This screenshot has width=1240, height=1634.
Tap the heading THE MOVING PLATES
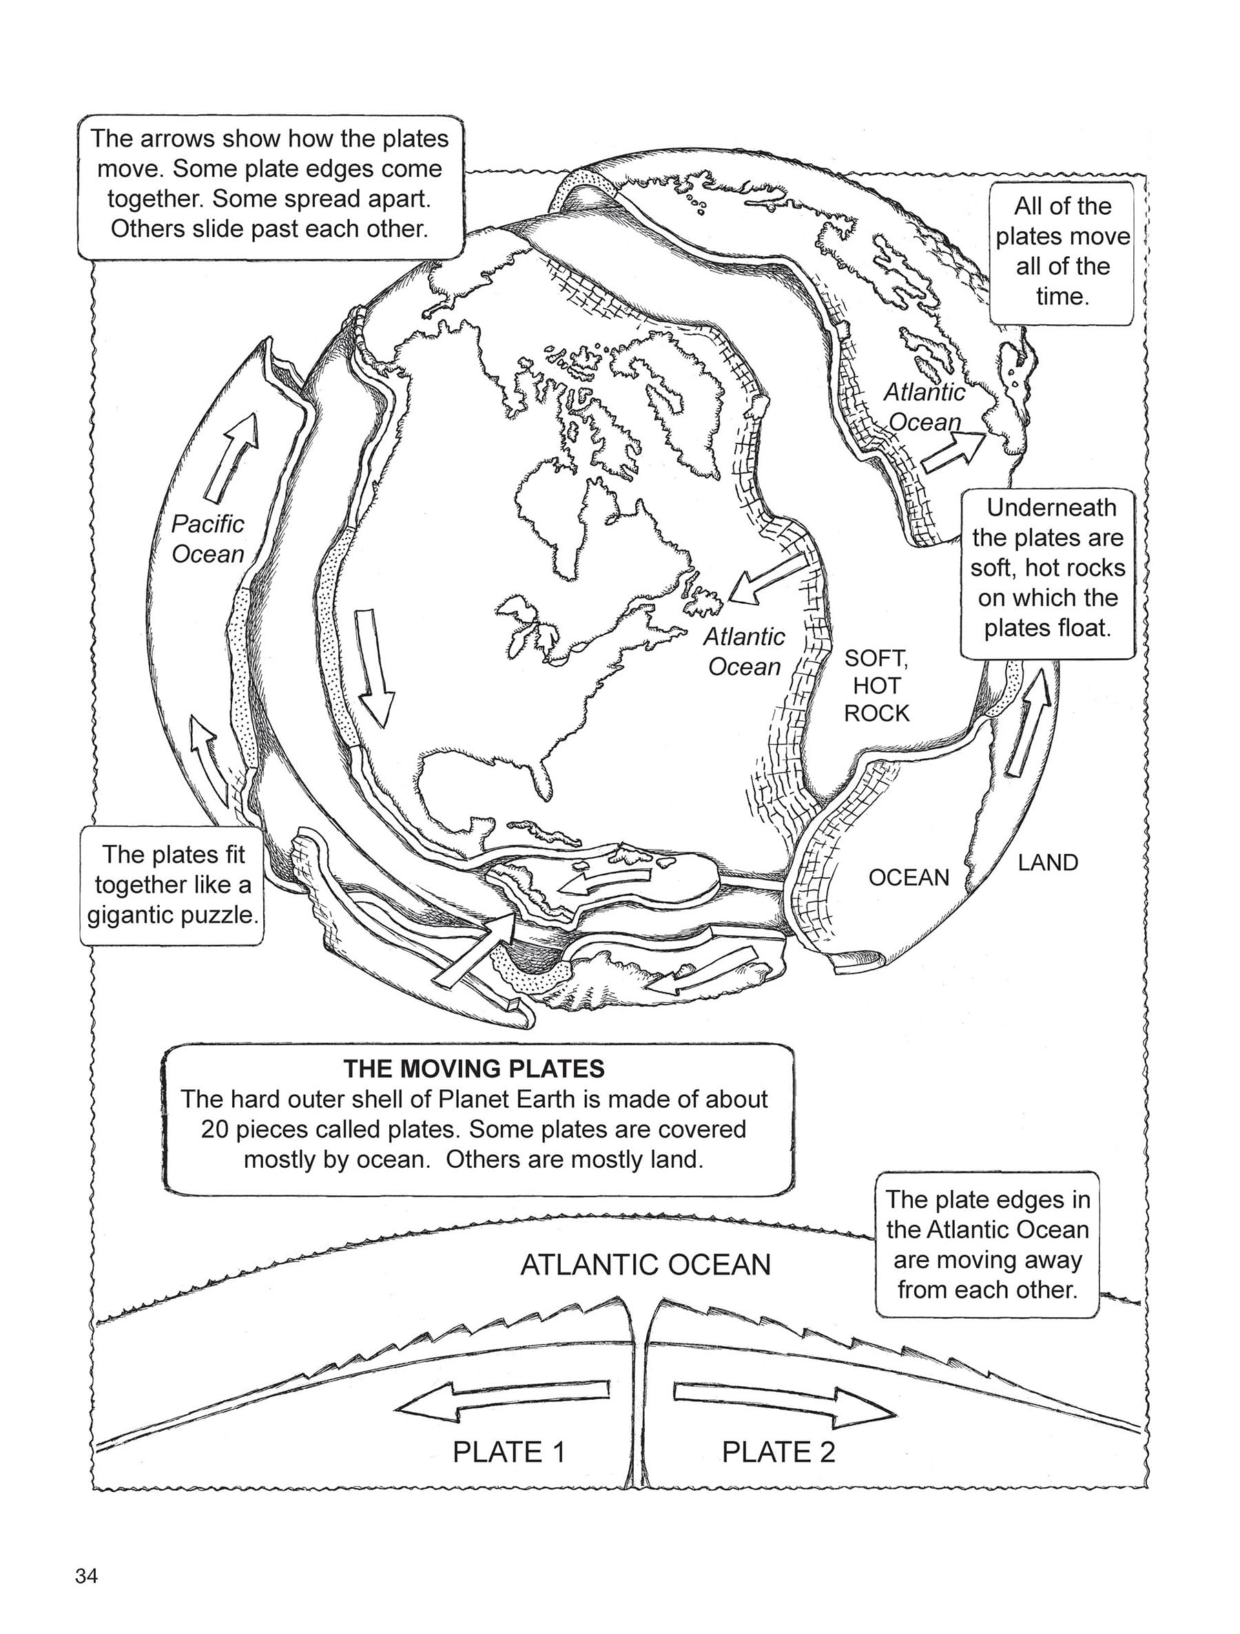[x=474, y=1068]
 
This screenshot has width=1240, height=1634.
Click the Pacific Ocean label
[x=207, y=538]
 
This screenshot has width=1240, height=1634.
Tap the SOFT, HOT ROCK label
[x=877, y=686]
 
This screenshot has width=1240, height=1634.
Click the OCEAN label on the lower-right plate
[x=908, y=877]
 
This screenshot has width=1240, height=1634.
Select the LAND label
[x=1047, y=862]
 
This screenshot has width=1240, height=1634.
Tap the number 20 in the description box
[x=216, y=1129]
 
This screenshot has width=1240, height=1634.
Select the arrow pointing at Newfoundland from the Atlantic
[x=765, y=580]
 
